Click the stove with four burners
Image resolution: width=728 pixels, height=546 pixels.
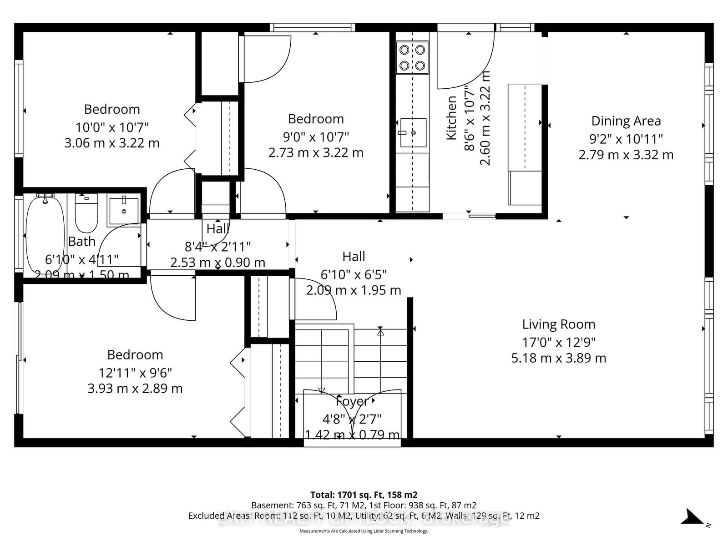point(412,57)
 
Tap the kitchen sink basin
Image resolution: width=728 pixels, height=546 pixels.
point(413,133)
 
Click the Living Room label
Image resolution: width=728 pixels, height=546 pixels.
point(558,324)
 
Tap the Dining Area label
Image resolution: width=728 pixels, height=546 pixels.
point(626,121)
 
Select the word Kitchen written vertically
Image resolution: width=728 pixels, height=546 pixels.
point(451,118)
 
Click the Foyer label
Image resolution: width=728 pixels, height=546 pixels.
point(352,401)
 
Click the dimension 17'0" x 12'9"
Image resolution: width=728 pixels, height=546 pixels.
point(558,342)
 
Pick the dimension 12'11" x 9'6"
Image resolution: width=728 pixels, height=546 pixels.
point(135,373)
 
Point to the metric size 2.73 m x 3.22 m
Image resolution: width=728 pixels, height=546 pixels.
point(316,153)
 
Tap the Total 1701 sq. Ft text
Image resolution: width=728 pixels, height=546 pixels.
point(364,495)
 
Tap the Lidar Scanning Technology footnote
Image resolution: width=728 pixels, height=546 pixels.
point(364,531)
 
